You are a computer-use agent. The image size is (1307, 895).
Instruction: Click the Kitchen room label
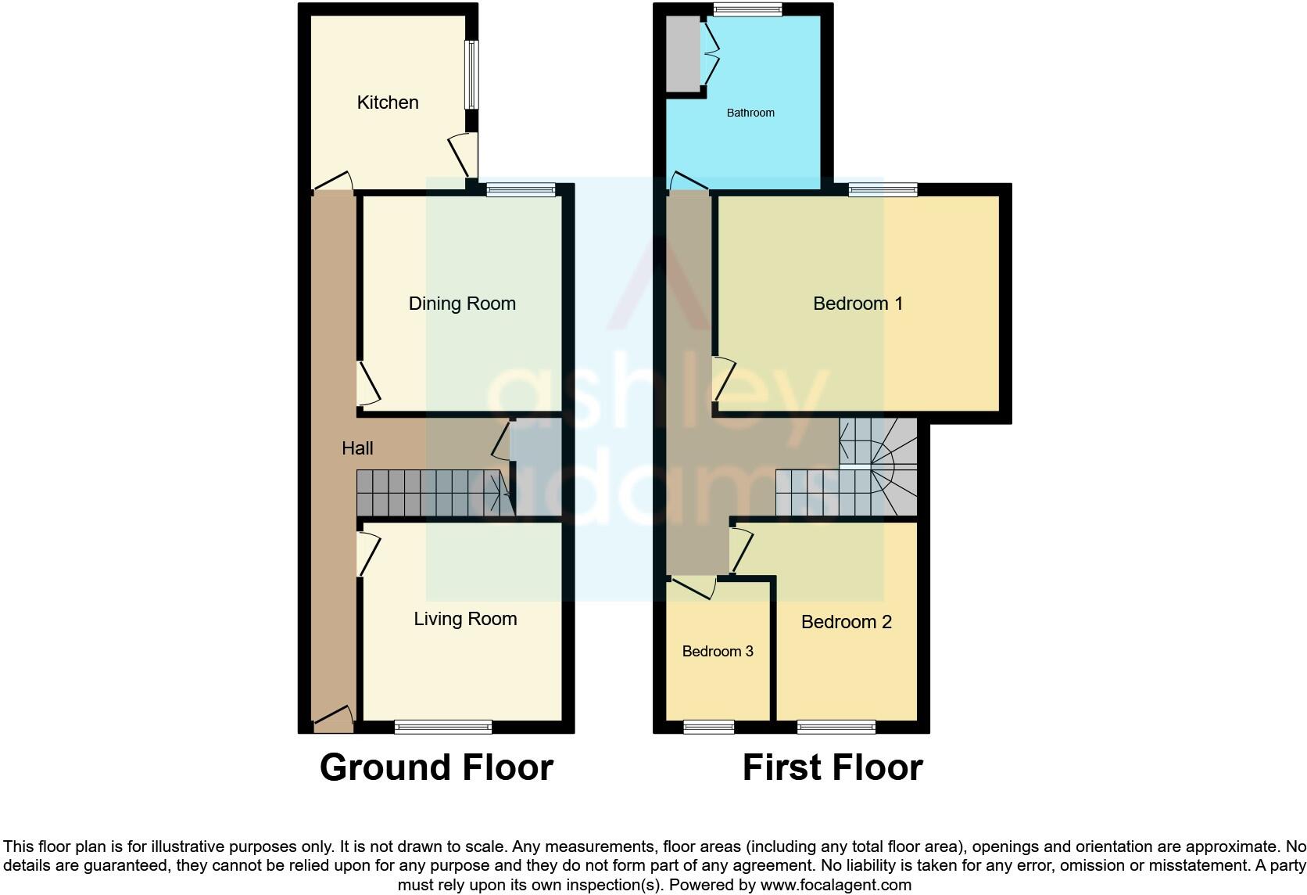388,102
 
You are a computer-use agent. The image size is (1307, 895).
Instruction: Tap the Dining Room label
462,304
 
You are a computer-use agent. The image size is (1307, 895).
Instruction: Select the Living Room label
465,619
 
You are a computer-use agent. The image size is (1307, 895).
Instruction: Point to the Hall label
357,448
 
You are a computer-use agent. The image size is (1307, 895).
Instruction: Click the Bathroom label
750,113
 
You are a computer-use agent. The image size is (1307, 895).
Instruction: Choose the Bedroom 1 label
858,304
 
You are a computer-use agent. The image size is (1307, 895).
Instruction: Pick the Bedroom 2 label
846,622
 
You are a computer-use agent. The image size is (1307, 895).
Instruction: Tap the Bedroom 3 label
718,652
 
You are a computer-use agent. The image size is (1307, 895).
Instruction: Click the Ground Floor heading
436,767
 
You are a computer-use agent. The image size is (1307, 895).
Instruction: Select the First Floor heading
833,767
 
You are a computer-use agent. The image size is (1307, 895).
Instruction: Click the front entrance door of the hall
333,721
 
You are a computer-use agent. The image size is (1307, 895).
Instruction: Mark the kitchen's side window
471,74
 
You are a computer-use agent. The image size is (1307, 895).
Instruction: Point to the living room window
443,728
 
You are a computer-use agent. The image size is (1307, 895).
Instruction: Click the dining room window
521,189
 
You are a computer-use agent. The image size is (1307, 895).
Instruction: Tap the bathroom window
748,9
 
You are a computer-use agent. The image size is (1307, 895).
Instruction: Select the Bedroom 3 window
709,728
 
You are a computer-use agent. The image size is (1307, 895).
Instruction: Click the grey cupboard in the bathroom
682,53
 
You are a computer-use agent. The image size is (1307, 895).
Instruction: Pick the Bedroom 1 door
723,379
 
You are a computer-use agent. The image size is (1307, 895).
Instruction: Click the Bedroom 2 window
836,728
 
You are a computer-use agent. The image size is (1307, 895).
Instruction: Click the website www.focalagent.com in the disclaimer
836,886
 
